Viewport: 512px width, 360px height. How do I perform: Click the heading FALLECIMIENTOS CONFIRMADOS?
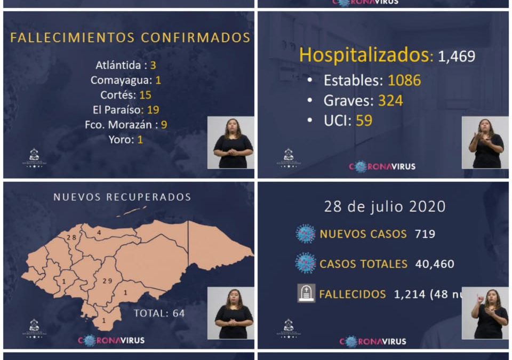tap(130, 38)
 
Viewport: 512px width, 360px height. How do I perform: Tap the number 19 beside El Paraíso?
tap(153, 110)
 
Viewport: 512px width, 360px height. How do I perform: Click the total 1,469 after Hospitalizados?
tap(457, 57)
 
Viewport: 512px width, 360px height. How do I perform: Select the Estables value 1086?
tap(404, 81)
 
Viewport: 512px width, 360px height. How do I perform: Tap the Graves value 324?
tap(390, 100)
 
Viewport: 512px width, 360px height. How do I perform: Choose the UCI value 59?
tap(364, 121)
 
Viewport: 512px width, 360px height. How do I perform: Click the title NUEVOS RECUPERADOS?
tap(122, 197)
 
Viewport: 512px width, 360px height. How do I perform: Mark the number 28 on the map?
tap(71, 237)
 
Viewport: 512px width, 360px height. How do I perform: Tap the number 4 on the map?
tap(99, 233)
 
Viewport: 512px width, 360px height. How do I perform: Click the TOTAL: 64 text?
tap(159, 313)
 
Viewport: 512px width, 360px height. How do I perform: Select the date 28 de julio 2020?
tap(385, 206)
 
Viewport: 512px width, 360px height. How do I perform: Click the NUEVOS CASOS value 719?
tap(425, 234)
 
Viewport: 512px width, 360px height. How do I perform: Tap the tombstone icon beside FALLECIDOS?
tap(306, 293)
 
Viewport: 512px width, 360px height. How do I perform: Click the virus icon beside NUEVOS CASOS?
tap(306, 234)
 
